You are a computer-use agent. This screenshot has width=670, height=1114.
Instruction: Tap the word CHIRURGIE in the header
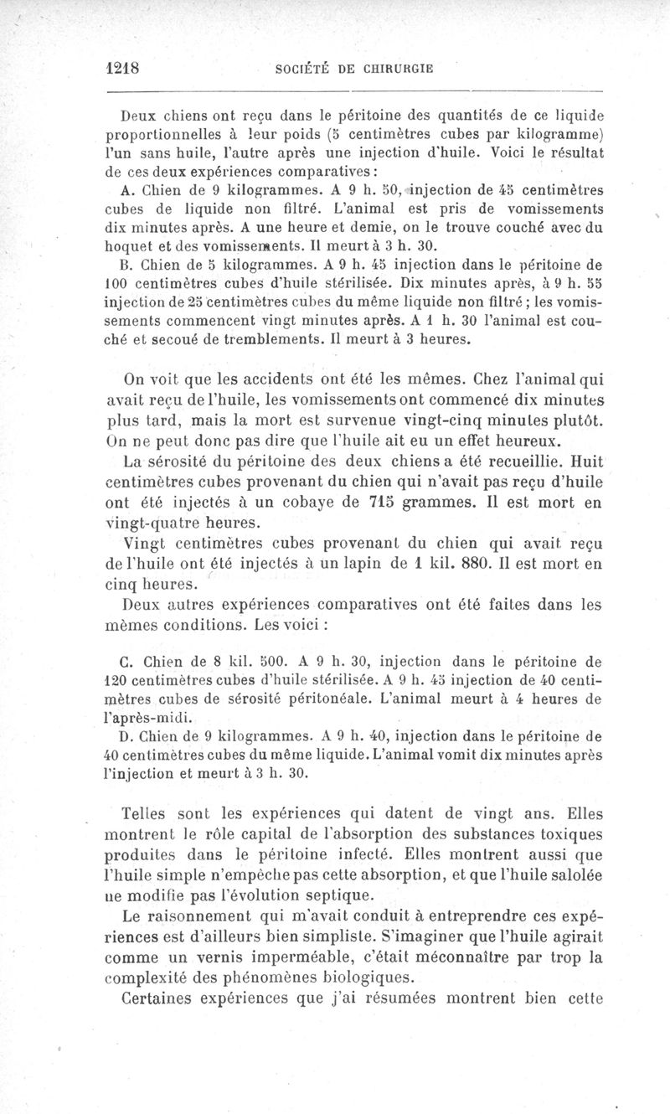391,69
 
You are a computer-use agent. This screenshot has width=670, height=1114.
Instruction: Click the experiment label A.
116,188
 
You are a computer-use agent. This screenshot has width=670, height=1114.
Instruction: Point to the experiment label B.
116,268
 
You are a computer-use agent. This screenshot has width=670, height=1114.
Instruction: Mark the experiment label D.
116,737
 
